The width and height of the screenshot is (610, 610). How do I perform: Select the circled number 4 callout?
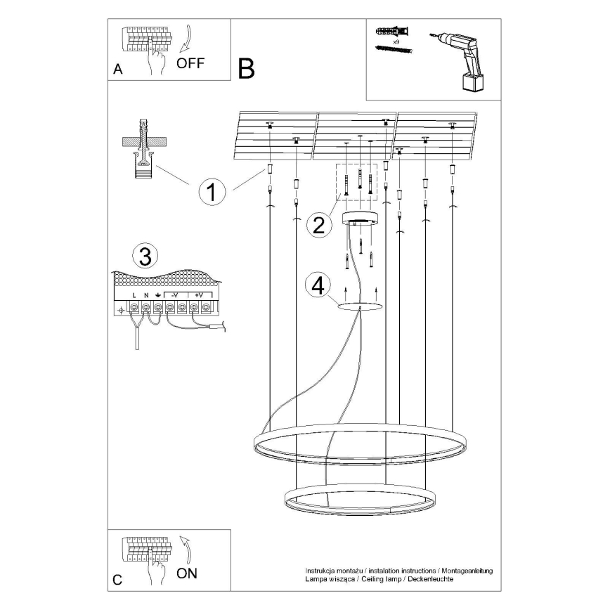(318, 285)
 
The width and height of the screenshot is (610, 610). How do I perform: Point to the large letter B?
(246, 68)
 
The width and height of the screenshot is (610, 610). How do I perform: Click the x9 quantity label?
(396, 42)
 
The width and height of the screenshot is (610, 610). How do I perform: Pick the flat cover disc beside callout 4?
(360, 306)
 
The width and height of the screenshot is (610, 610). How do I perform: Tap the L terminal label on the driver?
(134, 295)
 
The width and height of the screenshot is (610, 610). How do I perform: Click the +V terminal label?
(199, 295)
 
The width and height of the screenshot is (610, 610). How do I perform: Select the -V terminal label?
(175, 295)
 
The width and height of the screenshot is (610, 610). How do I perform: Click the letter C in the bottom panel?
(117, 580)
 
